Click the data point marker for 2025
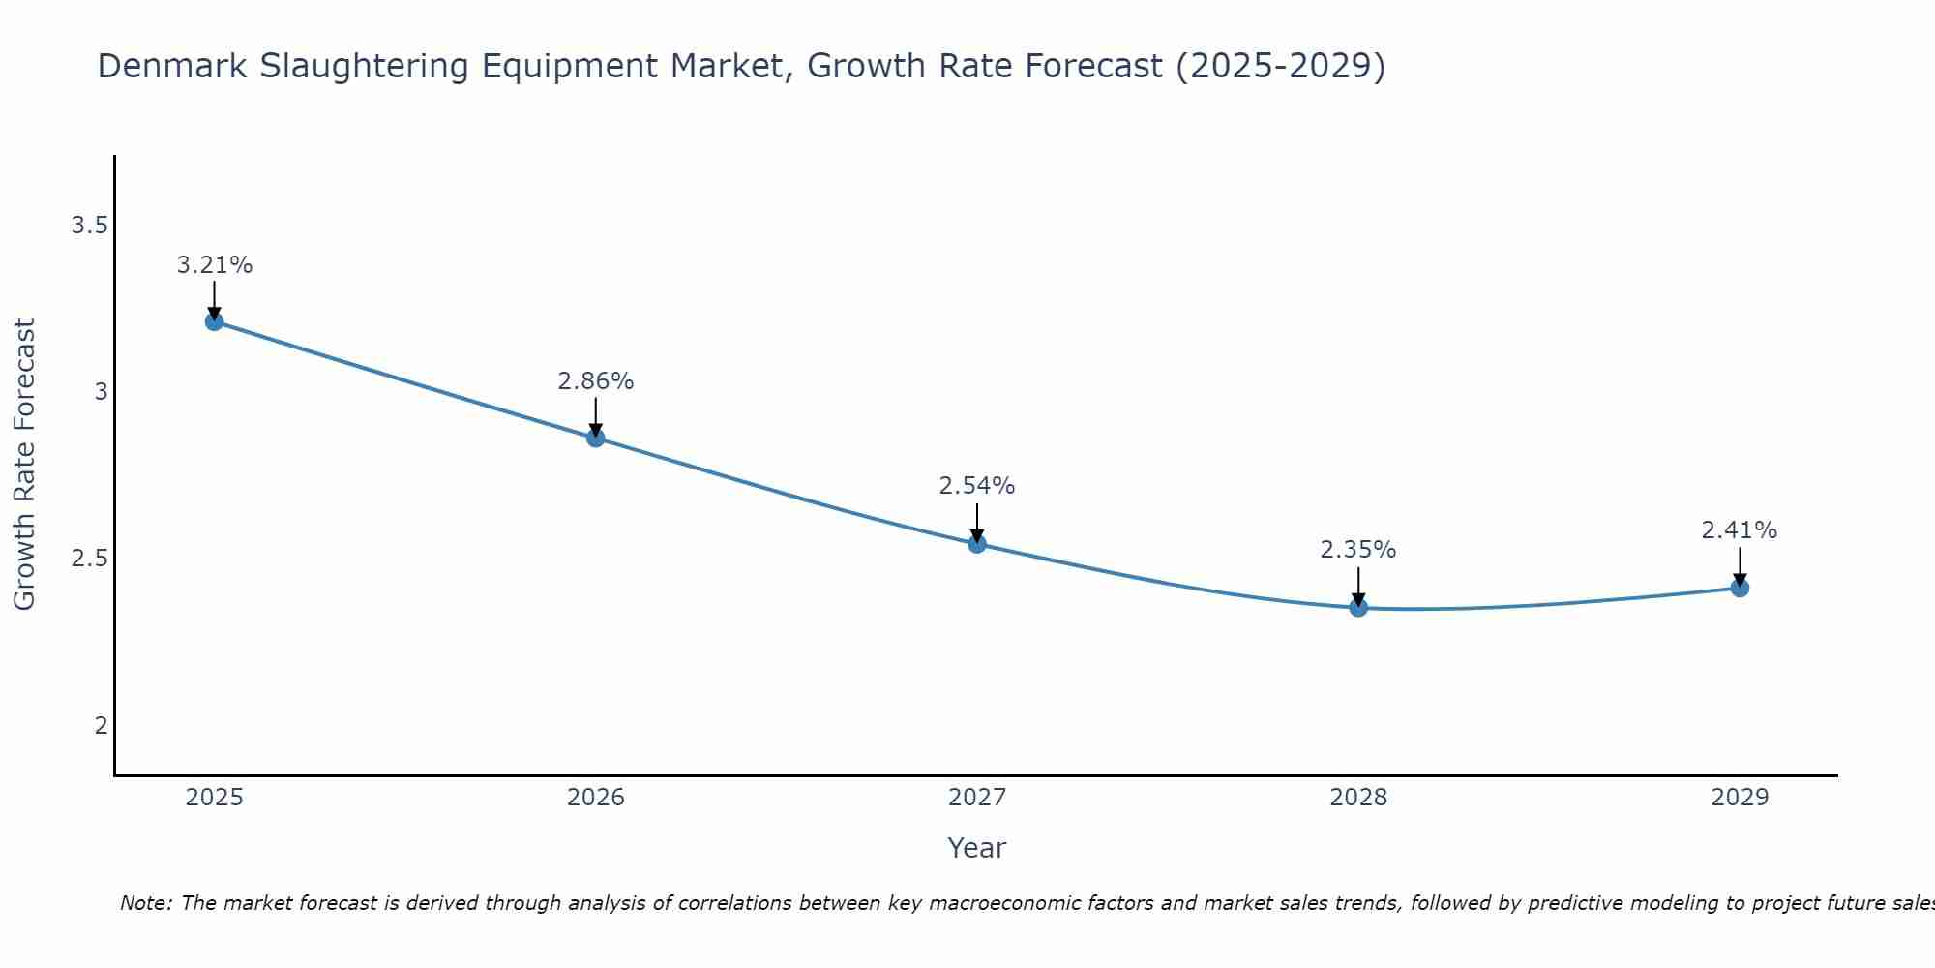tap(214, 321)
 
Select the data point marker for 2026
tap(595, 438)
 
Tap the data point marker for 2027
tap(976, 544)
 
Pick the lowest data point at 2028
tap(1357, 607)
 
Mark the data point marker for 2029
tap(1739, 588)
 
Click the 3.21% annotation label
tap(214, 265)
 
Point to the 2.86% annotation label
tap(595, 381)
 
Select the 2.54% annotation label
tap(976, 486)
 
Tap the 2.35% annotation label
tap(1357, 550)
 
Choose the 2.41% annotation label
tap(1739, 530)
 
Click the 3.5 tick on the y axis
tap(89, 226)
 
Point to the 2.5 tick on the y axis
tap(89, 559)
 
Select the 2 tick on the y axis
tap(101, 725)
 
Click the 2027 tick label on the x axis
tap(976, 798)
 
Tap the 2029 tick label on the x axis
tap(1739, 798)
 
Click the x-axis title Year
tap(976, 848)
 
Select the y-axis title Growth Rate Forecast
tap(24, 464)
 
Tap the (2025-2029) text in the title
tap(1279, 67)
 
